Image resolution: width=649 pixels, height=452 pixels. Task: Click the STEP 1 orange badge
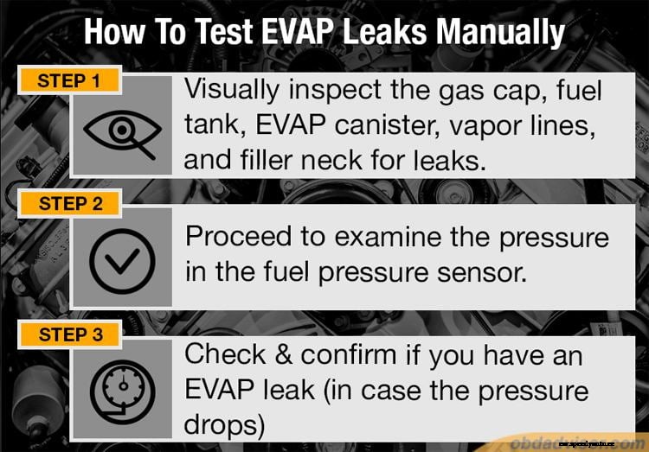tap(68, 81)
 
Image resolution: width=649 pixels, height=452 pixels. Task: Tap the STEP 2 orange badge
tap(70, 204)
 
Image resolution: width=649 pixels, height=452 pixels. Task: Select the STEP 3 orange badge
tap(70, 334)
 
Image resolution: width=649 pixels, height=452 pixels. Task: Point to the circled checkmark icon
tap(122, 258)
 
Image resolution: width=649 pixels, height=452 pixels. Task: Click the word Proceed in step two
tap(239, 237)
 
